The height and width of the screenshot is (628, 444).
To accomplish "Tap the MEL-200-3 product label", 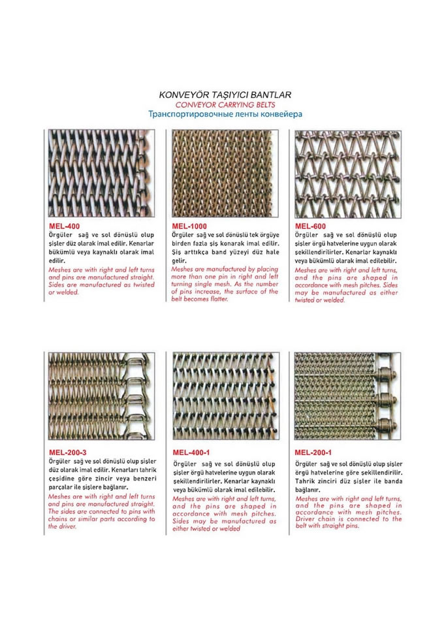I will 69,452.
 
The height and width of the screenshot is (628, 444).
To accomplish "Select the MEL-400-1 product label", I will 191,452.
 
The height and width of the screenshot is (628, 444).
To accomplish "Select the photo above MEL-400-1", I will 225,398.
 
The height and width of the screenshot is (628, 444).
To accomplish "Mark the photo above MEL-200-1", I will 347,398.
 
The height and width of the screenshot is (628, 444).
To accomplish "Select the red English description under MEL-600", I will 347,285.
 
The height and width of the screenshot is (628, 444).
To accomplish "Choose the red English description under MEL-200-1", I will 348,512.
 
